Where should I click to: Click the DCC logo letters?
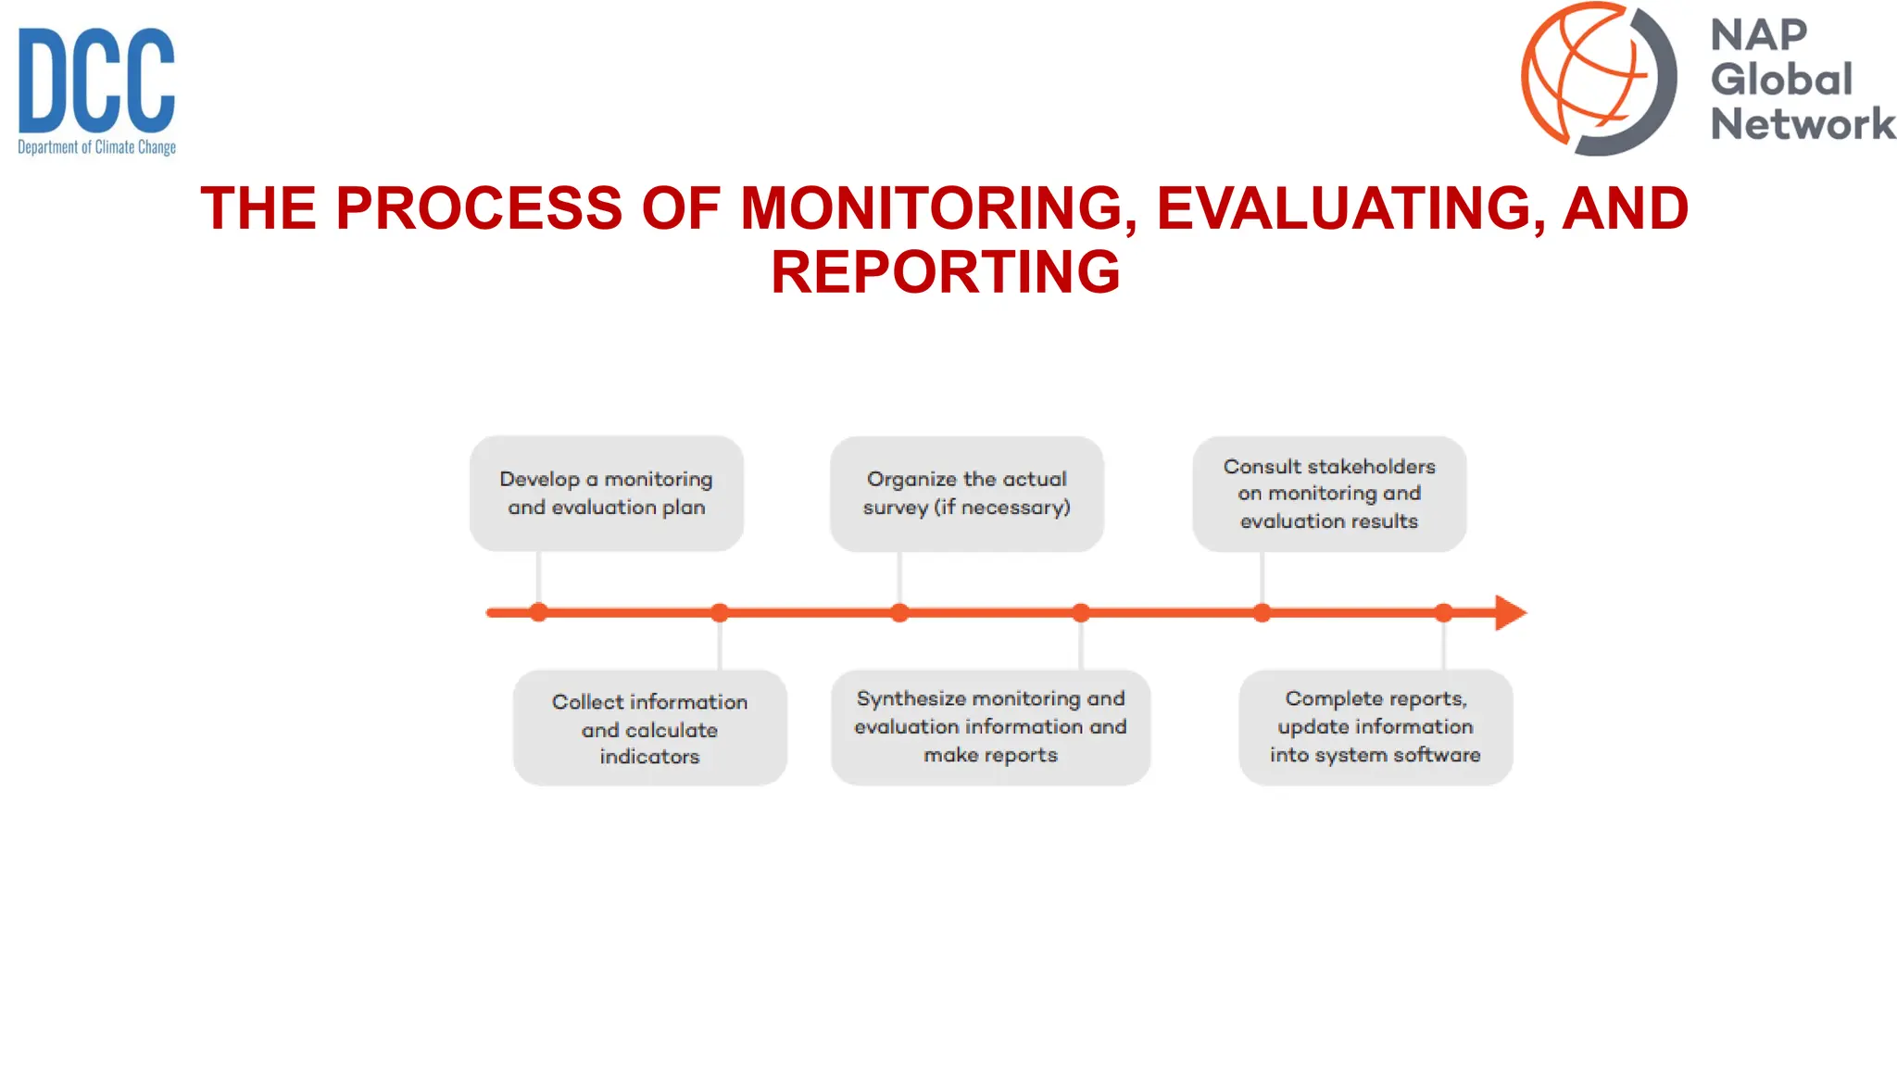(x=96, y=81)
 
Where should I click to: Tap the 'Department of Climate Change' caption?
(x=96, y=147)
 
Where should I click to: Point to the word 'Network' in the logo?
(x=1803, y=124)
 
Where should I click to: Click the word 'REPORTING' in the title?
(x=946, y=272)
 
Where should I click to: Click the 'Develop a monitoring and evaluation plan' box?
(x=607, y=494)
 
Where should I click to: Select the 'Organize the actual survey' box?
(x=966, y=494)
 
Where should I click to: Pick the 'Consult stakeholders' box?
(x=1329, y=494)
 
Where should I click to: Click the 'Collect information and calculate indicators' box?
(x=649, y=728)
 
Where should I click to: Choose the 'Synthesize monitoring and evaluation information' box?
(x=990, y=727)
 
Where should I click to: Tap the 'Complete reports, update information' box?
(x=1376, y=727)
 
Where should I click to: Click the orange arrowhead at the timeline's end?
(x=1509, y=612)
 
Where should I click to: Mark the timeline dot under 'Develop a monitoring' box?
(x=538, y=612)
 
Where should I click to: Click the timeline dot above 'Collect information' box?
(x=720, y=612)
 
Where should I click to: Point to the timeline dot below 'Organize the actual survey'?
(x=899, y=612)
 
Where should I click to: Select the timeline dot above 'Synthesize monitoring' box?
(x=1081, y=612)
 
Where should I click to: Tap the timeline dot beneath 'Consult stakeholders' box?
(x=1262, y=612)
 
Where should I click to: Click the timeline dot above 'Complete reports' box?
(x=1443, y=612)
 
